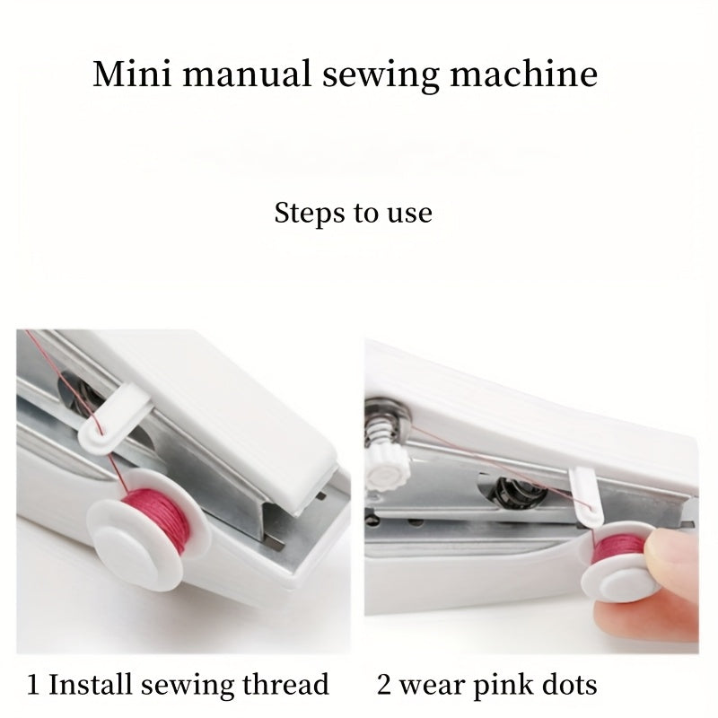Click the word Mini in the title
[x=125, y=74]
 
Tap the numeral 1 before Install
[x=33, y=686]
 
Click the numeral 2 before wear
[x=385, y=686]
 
